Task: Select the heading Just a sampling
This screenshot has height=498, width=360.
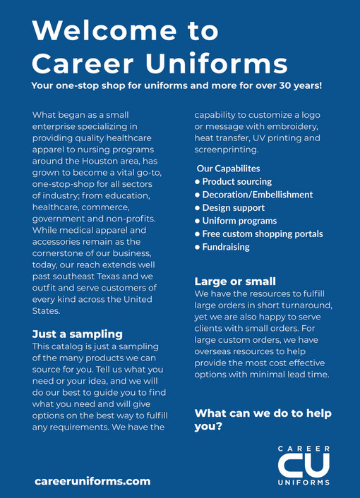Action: pyautogui.click(x=78, y=334)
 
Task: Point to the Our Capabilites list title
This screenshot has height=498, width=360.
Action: pyautogui.click(x=228, y=169)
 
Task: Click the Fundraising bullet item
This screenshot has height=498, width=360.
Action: pyautogui.click(x=225, y=247)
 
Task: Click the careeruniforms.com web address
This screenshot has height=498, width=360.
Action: pyautogui.click(x=92, y=480)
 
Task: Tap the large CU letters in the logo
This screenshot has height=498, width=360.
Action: pyautogui.click(x=303, y=466)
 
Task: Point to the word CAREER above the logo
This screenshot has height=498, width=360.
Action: pyautogui.click(x=304, y=449)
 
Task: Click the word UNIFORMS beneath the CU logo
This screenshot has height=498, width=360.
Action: pyautogui.click(x=304, y=483)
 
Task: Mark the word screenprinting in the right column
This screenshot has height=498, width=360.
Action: pyautogui.click(x=227, y=150)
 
